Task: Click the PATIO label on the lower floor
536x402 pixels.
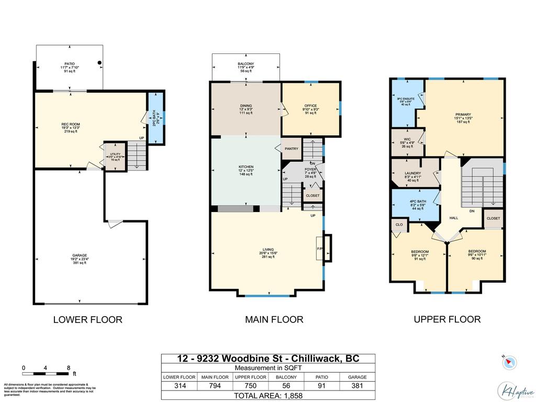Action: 70,64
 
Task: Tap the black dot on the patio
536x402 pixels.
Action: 99,63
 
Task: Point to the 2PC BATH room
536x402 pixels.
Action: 155,118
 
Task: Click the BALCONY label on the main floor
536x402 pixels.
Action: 245,64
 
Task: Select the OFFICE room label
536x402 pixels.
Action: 311,106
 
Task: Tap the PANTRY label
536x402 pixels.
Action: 292,149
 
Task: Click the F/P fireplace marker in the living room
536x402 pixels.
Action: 319,249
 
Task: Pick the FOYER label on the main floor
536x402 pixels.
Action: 311,169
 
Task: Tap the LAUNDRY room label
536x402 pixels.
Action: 413,173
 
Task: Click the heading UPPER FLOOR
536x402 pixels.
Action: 447,319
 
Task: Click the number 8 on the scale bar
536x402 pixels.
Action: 69,368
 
